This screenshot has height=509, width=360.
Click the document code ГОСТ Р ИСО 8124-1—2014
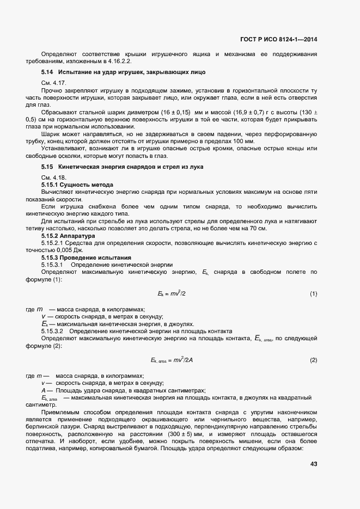click(x=278, y=39)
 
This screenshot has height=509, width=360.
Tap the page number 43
click(x=313, y=463)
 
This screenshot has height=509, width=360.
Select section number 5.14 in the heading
click(x=47, y=72)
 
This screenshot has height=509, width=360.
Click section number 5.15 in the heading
click(x=47, y=166)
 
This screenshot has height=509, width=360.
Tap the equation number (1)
click(x=313, y=294)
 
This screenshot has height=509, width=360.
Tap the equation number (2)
click(x=313, y=360)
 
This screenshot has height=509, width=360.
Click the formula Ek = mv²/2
click(x=172, y=294)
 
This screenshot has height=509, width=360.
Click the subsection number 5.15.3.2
click(x=52, y=331)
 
